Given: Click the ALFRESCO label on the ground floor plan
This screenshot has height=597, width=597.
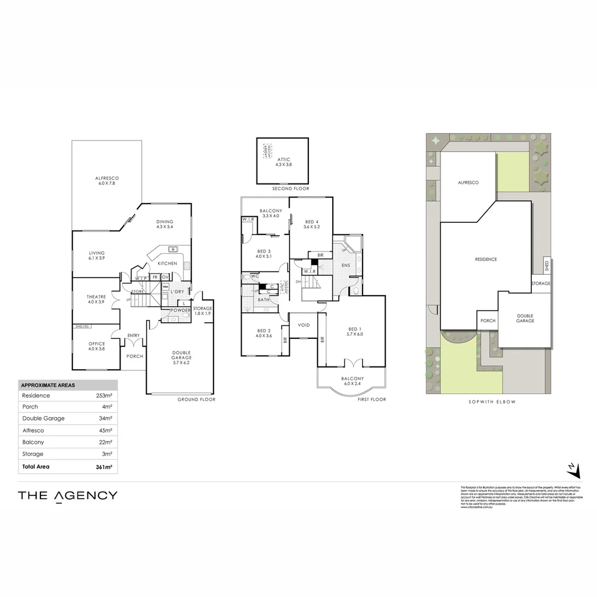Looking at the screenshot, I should coord(107,178).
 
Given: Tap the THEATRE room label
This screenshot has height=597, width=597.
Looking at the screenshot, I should coord(96,297).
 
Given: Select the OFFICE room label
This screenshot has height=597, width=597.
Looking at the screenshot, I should coord(97,344).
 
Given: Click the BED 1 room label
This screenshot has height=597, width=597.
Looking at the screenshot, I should coord(354,328).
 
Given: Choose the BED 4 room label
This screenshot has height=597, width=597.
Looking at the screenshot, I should coord(312,222).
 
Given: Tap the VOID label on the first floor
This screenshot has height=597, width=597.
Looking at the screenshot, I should coord(304,325).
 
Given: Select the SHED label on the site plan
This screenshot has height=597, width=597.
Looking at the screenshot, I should coord(546,266).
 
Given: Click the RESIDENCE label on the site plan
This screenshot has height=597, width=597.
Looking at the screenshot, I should coord(486,259).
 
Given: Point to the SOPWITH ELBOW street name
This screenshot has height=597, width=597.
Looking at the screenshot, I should coord(488,402).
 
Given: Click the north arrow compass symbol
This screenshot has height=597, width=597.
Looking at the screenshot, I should coord(574,470).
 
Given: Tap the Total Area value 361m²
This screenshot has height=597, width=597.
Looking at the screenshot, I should coord(104,467).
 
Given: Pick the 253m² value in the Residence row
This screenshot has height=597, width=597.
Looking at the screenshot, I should coord(104,396).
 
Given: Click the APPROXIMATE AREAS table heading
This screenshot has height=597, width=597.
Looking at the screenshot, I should coord(48,385).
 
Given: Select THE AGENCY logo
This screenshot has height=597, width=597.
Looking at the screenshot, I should coord(67,495).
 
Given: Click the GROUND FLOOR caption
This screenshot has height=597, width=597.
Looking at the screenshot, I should coord(196,399).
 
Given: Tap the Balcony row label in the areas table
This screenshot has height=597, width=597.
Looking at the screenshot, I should coord(33,442).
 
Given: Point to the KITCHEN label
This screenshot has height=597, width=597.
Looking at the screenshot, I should coord(167,264).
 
